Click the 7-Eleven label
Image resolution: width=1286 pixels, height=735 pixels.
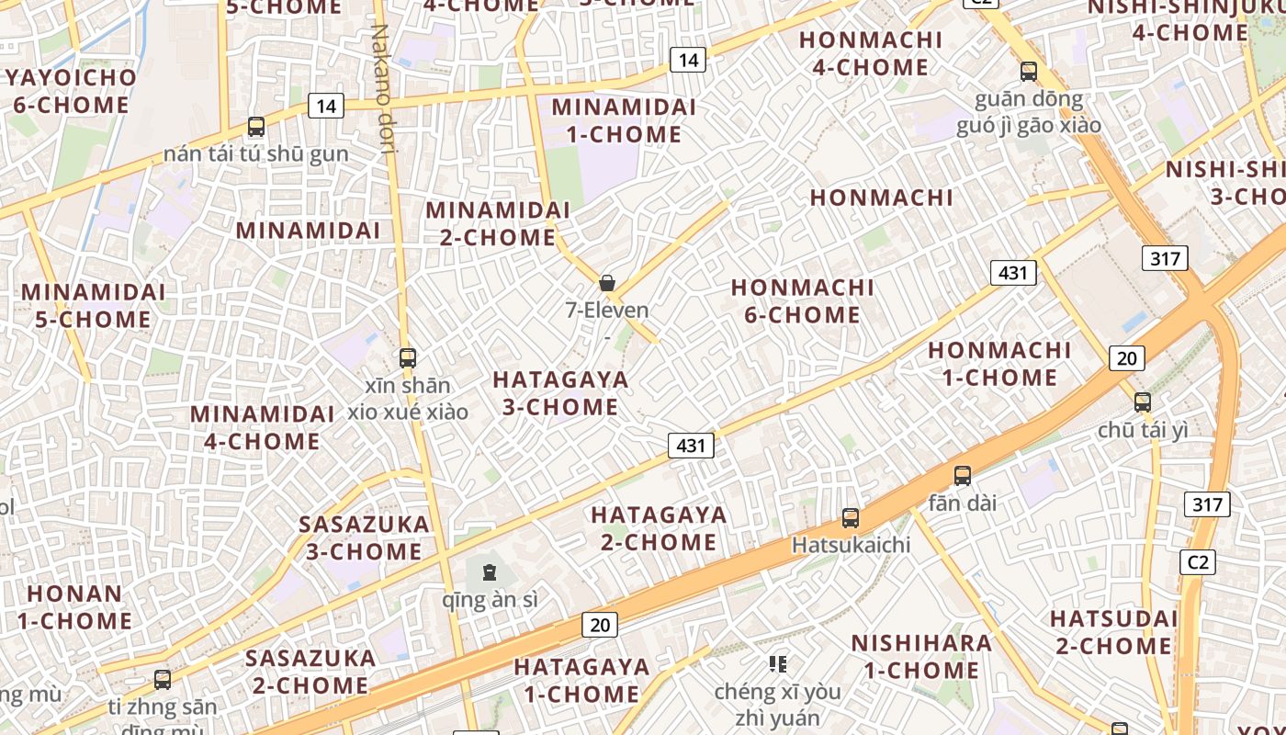click(607, 311)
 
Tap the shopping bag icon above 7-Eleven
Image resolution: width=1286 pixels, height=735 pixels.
click(607, 283)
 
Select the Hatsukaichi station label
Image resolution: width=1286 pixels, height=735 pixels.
click(851, 545)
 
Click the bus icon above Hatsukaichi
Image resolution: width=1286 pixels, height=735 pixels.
click(851, 518)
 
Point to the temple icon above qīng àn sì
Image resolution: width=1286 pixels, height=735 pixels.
click(489, 573)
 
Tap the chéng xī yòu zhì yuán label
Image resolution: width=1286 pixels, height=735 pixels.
click(778, 705)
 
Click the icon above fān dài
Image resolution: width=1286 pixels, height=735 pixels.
click(963, 476)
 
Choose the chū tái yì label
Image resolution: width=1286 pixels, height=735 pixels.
click(1143, 430)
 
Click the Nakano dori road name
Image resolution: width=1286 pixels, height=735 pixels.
click(382, 87)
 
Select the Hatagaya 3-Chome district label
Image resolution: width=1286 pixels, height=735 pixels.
click(560, 393)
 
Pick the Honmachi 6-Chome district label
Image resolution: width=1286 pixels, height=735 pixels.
click(803, 301)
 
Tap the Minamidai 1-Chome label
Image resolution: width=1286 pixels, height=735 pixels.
click(624, 120)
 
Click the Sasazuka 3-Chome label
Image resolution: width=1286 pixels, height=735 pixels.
click(365, 538)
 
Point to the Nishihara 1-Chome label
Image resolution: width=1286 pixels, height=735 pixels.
click(921, 656)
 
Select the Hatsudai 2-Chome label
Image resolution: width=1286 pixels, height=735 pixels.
click(1113, 632)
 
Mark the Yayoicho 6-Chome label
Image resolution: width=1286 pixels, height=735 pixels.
click(71, 91)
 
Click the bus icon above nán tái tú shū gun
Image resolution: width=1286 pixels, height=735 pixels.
click(256, 127)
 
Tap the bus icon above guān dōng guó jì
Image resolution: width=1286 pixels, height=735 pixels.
click(1029, 72)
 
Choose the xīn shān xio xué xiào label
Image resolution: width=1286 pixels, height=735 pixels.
click(408, 399)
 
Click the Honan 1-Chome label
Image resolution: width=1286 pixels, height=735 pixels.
click(74, 607)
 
